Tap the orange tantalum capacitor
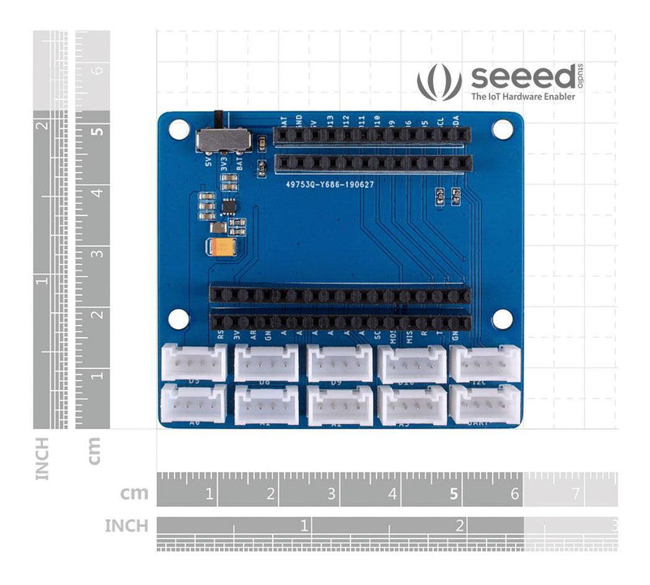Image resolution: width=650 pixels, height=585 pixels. tap(223, 246)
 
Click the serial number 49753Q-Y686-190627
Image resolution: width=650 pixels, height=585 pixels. tap(329, 184)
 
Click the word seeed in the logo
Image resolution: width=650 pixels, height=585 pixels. tap(513, 79)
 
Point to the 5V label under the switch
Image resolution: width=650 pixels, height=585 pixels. tap(210, 160)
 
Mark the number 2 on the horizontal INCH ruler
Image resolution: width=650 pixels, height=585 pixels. tap(460, 525)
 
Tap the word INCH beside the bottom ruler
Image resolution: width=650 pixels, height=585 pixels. tap(126, 526)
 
